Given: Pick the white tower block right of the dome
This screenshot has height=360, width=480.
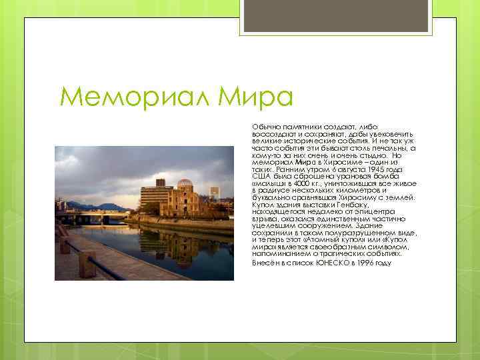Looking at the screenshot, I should [x=215, y=193].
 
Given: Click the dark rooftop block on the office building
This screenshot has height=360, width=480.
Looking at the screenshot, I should [x=161, y=182].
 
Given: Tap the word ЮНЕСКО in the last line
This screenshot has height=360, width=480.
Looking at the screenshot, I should [x=323, y=263].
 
